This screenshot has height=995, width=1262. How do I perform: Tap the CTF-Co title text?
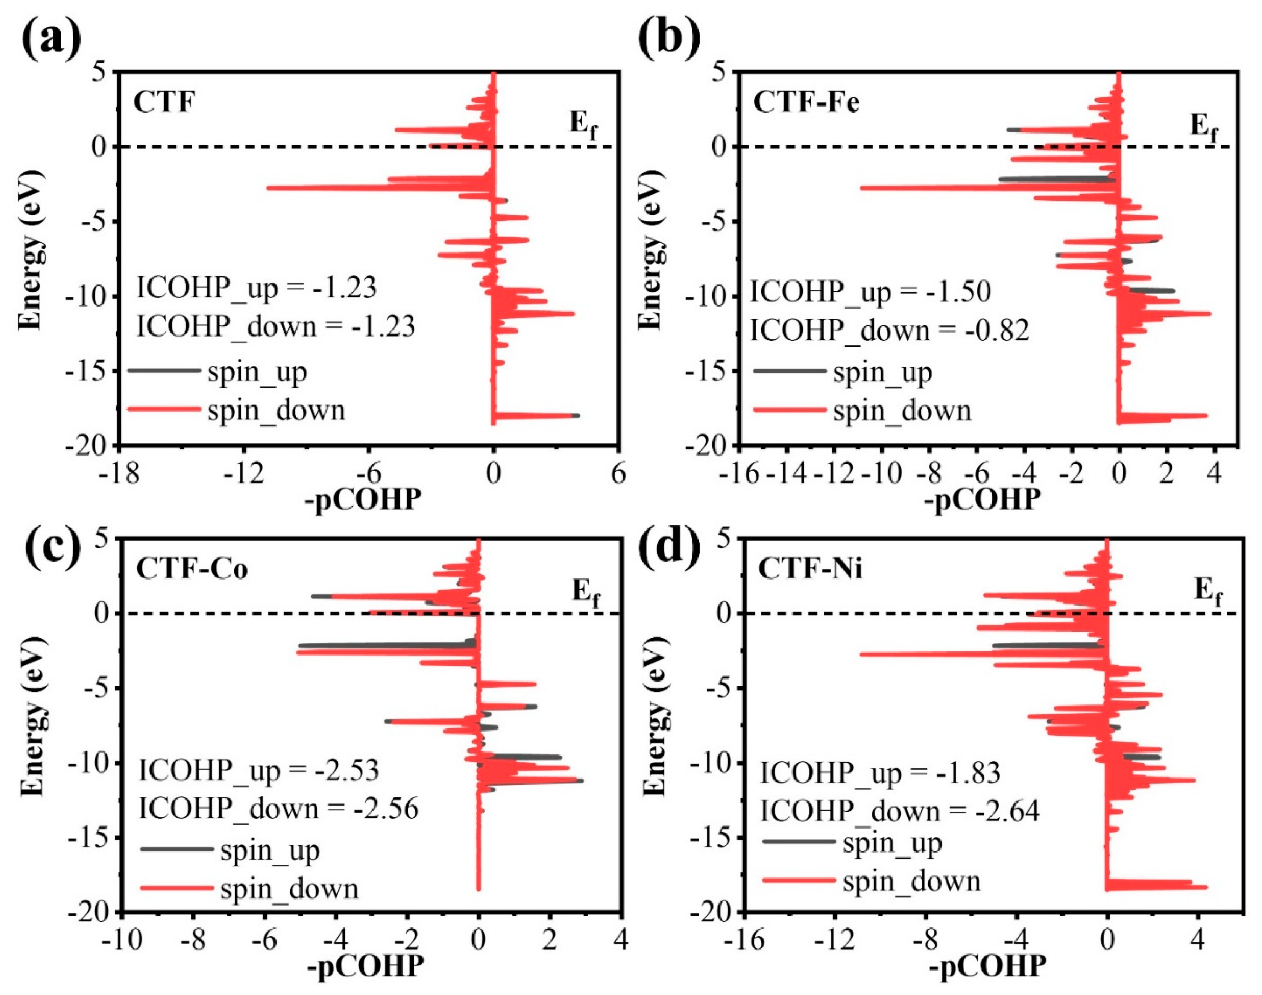(x=192, y=569)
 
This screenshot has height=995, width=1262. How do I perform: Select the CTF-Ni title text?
(x=810, y=569)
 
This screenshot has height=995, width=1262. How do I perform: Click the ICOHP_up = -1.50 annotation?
(x=870, y=292)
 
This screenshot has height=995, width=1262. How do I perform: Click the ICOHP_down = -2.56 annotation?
(x=278, y=809)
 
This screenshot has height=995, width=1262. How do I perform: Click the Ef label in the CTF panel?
(x=582, y=125)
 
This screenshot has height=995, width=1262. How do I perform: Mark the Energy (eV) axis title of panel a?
(x=30, y=250)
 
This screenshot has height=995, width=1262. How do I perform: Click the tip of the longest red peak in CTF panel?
(x=269, y=187)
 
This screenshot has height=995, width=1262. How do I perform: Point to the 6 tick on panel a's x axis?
(x=618, y=474)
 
